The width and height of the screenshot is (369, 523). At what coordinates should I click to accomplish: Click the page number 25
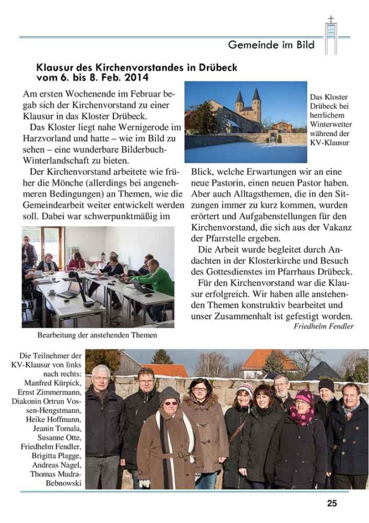pyautogui.click(x=332, y=503)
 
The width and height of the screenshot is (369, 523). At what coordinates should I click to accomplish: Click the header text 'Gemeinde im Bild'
pyautogui.click(x=271, y=44)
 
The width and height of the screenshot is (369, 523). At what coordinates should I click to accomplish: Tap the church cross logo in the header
pyautogui.click(x=331, y=34)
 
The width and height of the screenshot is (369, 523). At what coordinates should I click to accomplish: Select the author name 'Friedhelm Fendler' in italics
pyautogui.click(x=323, y=326)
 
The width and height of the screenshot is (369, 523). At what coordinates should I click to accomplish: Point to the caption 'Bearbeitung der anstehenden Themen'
pyautogui.click(x=97, y=335)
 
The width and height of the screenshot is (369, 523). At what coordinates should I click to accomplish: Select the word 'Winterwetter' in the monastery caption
pyautogui.click(x=329, y=125)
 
